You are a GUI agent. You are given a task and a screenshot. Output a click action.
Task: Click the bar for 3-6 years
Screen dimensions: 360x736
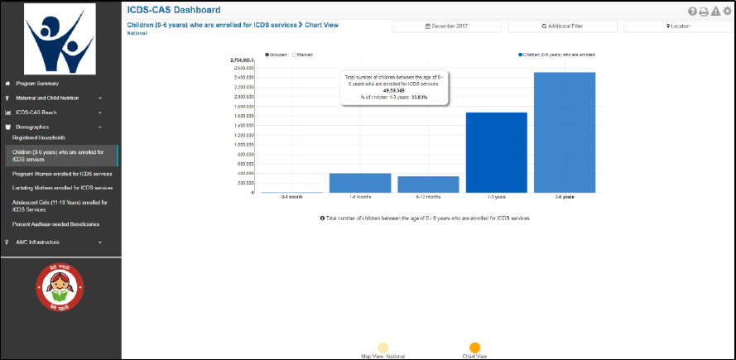[x=565, y=132]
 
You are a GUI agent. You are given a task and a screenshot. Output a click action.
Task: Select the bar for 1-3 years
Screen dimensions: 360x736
[x=497, y=152]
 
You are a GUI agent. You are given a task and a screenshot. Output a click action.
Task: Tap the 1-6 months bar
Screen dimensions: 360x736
[x=360, y=183]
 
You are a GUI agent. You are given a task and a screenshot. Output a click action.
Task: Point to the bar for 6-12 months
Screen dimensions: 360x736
[x=428, y=184]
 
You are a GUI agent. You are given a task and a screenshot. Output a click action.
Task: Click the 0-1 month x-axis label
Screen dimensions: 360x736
[x=292, y=197]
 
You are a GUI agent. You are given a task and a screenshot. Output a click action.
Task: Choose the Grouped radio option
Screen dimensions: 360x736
[x=267, y=54]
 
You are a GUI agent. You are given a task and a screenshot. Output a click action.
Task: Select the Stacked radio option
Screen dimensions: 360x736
[x=293, y=54]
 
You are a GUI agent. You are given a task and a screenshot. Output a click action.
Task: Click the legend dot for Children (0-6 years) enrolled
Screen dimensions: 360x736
[x=521, y=54]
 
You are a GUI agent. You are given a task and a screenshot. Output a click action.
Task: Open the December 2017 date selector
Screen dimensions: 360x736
[x=445, y=26]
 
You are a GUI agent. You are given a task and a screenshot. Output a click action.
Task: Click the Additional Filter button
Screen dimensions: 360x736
[x=562, y=26]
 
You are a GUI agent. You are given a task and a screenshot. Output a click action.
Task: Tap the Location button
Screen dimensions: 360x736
[x=678, y=26]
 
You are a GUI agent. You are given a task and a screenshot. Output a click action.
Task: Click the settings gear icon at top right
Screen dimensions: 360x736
[x=727, y=11]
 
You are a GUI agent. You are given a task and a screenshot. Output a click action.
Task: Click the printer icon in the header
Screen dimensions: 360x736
[x=703, y=11]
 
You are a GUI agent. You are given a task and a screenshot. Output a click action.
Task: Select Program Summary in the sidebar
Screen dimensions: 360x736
[x=36, y=84]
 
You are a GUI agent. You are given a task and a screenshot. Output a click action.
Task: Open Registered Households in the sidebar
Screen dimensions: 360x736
[x=39, y=137]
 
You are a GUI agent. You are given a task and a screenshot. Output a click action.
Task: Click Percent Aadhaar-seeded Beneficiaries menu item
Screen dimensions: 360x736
[x=55, y=224]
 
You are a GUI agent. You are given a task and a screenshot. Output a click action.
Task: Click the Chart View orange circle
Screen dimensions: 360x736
[x=474, y=348]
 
